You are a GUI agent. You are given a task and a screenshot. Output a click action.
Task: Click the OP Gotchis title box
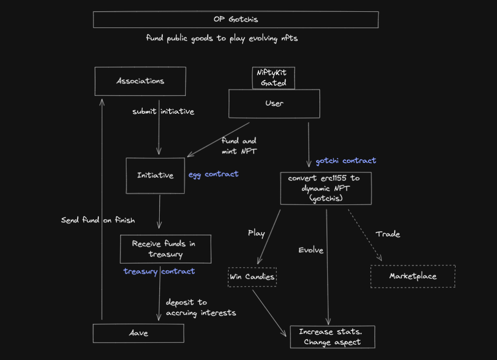click(x=235, y=19)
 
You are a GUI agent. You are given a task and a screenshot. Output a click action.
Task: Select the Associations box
click(x=140, y=81)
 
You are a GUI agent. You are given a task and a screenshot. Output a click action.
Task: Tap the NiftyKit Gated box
click(x=273, y=78)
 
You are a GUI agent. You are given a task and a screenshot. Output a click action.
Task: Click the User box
click(x=274, y=103)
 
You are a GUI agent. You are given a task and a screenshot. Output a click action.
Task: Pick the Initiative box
click(x=155, y=175)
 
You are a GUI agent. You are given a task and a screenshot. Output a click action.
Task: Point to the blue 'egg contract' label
click(x=213, y=174)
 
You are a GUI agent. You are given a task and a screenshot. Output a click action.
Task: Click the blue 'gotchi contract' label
click(x=345, y=161)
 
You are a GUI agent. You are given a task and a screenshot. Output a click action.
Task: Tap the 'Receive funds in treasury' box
click(x=165, y=249)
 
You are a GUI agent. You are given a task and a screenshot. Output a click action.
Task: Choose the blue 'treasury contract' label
click(x=159, y=271)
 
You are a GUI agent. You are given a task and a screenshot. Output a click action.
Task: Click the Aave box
click(x=138, y=333)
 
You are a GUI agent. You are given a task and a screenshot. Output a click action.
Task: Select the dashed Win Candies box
click(x=252, y=277)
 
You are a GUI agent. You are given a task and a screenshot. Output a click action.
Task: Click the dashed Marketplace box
click(x=413, y=276)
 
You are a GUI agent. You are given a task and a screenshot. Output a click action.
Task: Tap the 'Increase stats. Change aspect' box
click(x=332, y=337)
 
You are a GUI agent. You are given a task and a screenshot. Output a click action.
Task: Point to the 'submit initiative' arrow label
click(x=163, y=111)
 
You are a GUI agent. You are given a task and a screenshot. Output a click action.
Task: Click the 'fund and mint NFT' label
click(x=239, y=146)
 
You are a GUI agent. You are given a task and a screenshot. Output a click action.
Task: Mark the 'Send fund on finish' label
click(x=98, y=220)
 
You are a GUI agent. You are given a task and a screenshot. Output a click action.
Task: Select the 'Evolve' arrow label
click(x=311, y=250)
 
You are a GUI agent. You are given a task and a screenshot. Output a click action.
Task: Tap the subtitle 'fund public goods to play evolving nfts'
click(x=222, y=38)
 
